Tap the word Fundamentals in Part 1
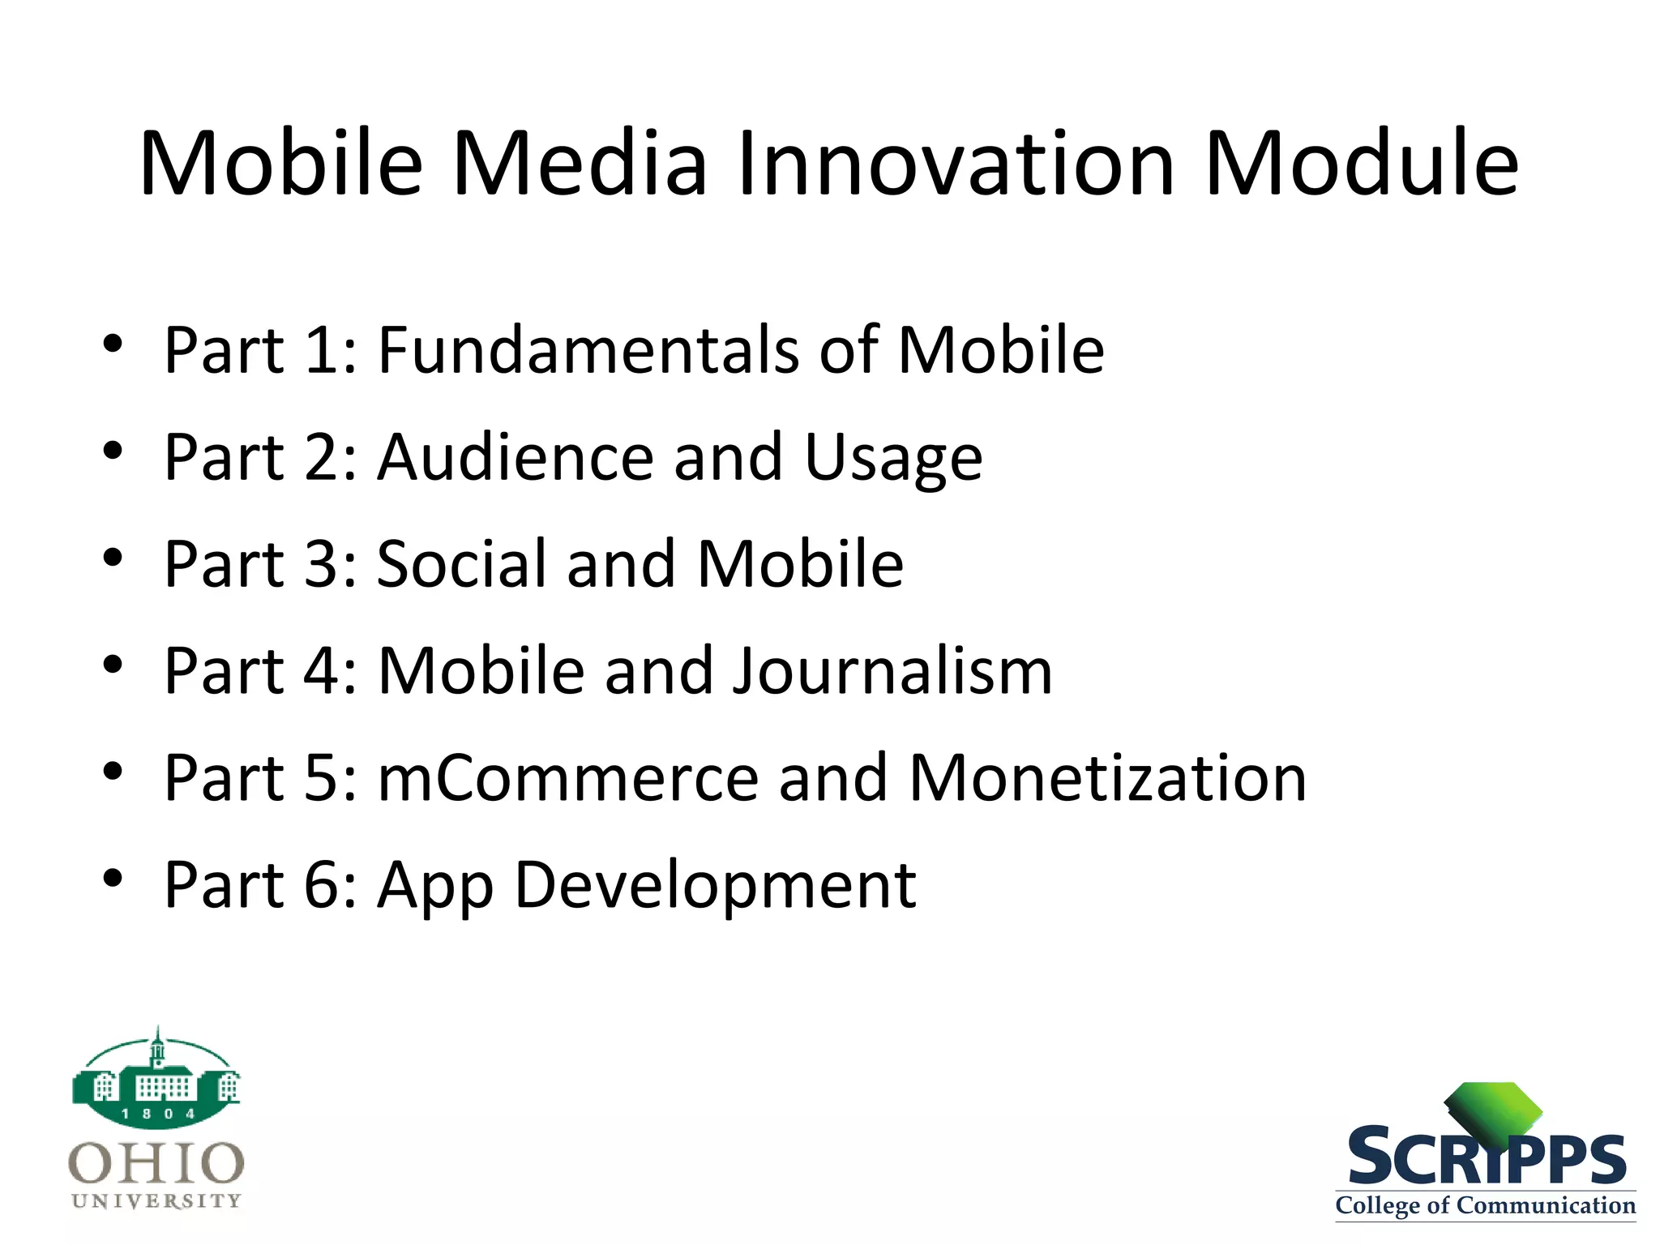[588, 350]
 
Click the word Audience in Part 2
[516, 457]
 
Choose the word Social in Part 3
[462, 564]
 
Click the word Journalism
[892, 671]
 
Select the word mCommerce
[567, 778]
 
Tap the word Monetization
[1107, 778]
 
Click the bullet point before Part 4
[113, 665]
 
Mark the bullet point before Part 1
[113, 344]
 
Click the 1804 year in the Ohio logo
[157, 1114]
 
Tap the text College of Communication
[1485, 1205]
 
